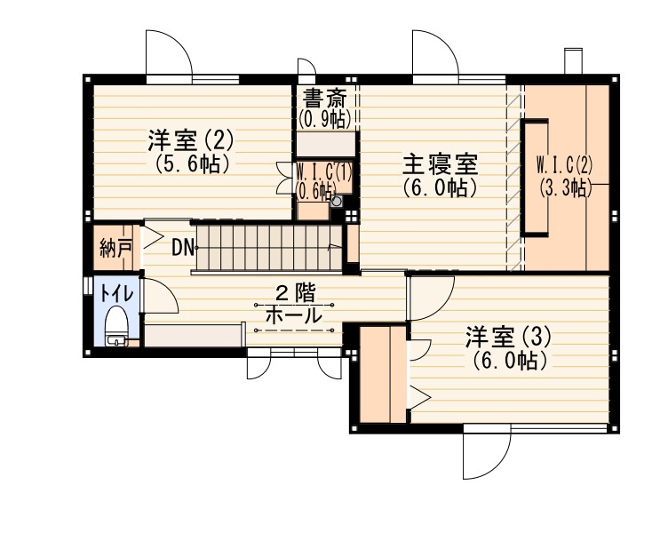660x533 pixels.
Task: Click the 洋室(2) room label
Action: coord(190,139)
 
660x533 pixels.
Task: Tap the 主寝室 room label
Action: coord(440,164)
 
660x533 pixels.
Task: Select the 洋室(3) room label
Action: coord(509,337)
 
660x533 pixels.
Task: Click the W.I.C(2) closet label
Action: coord(564,164)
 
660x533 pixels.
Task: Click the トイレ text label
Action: coord(115,291)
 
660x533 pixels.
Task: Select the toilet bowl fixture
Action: coord(116,322)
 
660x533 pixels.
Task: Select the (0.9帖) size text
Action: coord(324,117)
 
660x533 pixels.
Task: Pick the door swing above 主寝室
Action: coord(435,53)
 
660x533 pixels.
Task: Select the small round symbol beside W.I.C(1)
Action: coord(336,202)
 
